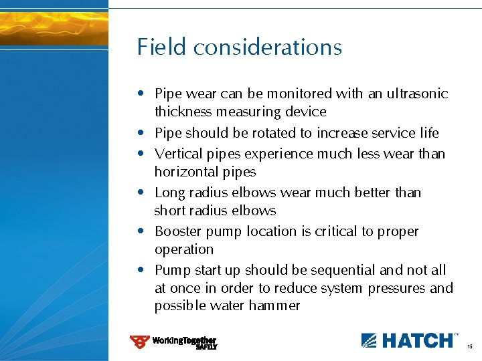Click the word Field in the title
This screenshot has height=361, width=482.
tap(162, 47)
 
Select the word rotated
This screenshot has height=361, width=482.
tap(270, 133)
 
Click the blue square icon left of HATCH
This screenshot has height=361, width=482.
tap(369, 340)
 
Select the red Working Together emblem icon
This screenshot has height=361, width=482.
tap(139, 342)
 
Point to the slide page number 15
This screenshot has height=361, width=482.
tap(470, 347)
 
